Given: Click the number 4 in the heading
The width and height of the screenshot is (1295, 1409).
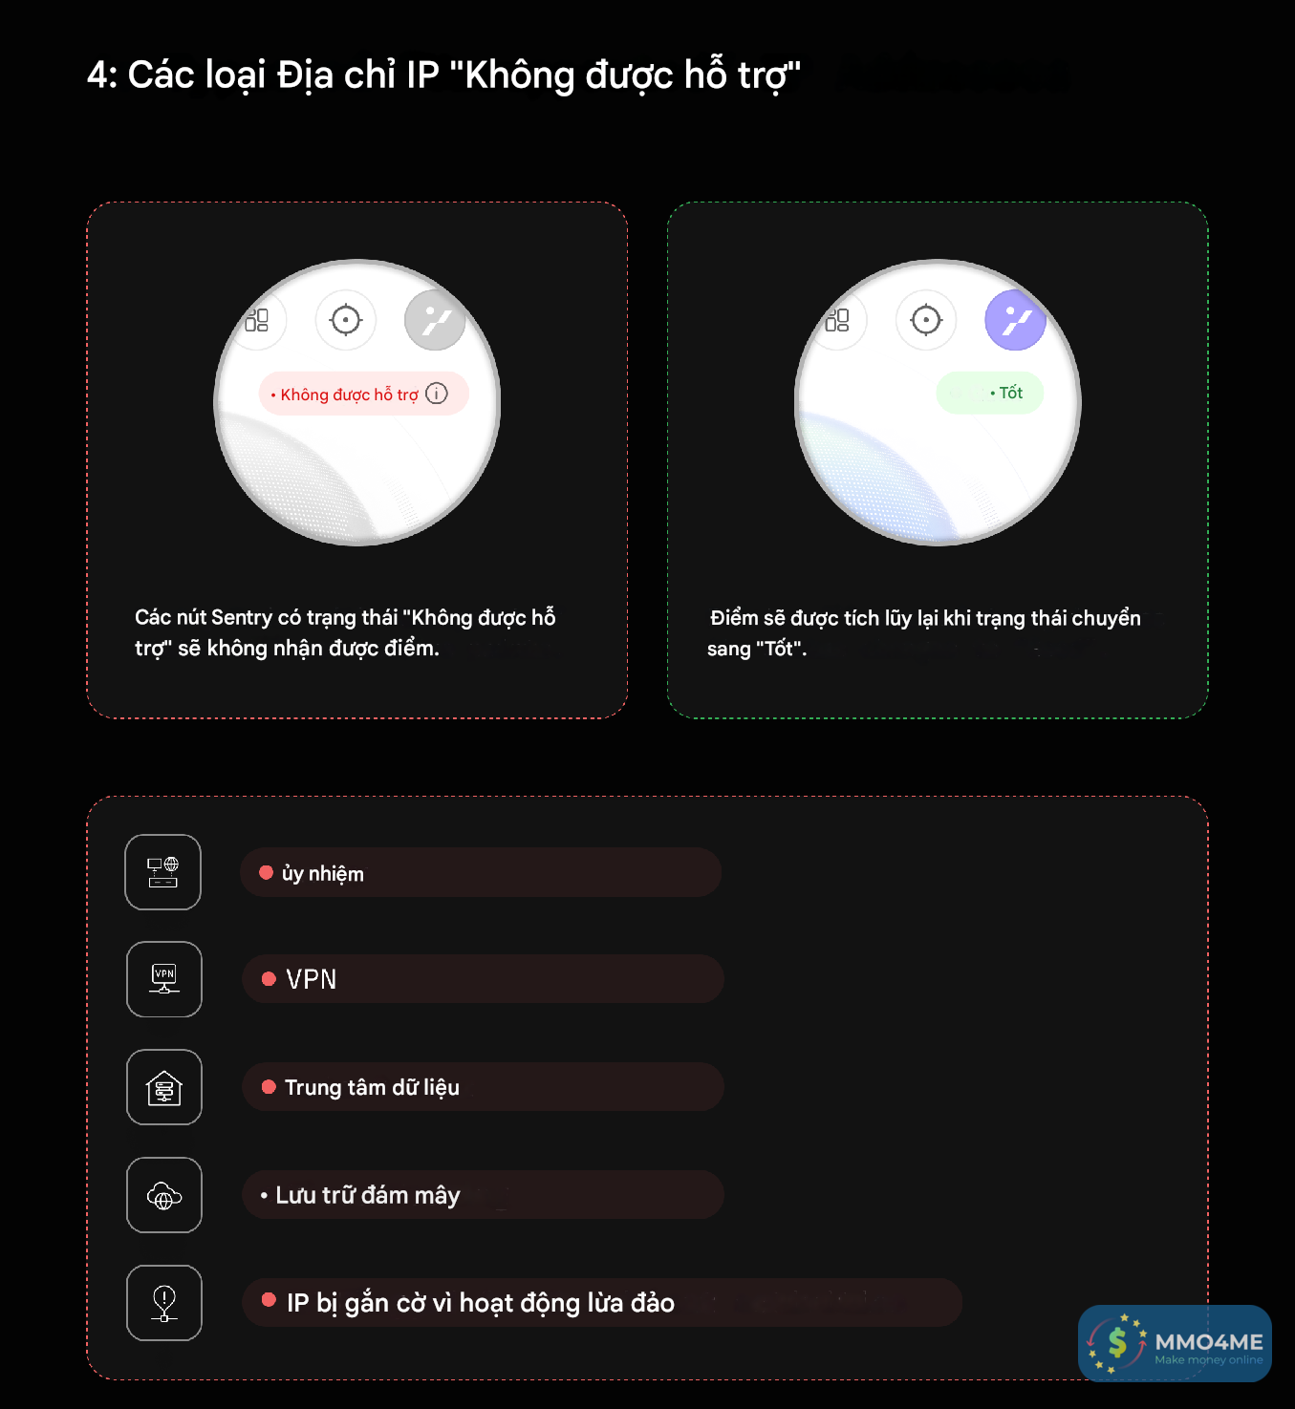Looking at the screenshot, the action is click(x=99, y=75).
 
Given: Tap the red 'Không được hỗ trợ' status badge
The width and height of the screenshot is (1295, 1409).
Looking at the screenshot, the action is click(x=363, y=394).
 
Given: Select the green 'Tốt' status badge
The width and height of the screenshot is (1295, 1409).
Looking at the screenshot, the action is click(x=989, y=393).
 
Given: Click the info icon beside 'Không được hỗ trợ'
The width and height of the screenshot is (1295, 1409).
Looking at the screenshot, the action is click(x=437, y=394).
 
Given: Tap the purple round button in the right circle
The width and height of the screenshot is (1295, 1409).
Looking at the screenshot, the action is click(x=1014, y=320).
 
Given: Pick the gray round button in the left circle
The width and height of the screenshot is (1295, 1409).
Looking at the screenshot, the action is click(x=435, y=320).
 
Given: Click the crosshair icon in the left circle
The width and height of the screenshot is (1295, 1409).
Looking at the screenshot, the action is click(x=345, y=320).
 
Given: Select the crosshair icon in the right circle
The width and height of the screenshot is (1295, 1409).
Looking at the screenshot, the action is click(x=926, y=320).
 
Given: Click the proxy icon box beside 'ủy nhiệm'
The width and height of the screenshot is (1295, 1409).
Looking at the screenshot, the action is click(x=163, y=872).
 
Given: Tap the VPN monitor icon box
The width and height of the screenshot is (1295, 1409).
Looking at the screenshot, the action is click(x=163, y=979).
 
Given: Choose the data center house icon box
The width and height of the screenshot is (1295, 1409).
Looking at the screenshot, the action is click(x=163, y=1087).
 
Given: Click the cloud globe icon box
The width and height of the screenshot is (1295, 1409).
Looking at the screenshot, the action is click(x=163, y=1195).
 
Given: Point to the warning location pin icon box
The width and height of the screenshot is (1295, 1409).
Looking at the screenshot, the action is click(x=163, y=1303).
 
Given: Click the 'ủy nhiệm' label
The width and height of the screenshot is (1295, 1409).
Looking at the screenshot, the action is click(x=323, y=874).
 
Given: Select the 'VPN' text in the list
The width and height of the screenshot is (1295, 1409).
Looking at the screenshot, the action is click(x=312, y=980).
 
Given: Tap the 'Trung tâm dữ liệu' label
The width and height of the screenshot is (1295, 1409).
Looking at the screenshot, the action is click(x=372, y=1087).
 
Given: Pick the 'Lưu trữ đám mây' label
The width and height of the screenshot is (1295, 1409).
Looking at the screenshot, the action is click(x=368, y=1195).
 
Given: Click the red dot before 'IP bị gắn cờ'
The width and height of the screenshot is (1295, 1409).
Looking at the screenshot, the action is click(x=269, y=1299).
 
